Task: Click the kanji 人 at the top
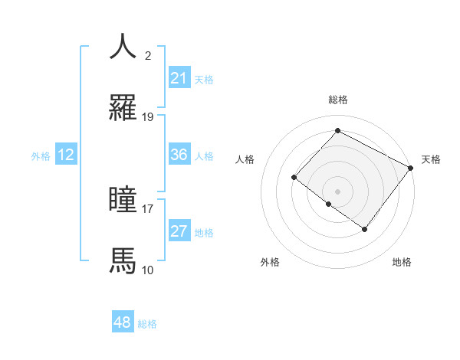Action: [123, 46]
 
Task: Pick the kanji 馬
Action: [123, 260]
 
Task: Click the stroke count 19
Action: [148, 117]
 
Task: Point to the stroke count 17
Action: [148, 208]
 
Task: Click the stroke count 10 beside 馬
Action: [148, 270]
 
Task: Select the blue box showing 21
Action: [179, 78]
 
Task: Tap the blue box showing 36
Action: [179, 155]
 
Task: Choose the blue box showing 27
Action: [179, 231]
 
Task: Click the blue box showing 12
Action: [66, 155]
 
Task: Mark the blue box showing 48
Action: [123, 322]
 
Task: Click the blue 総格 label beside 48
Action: [147, 324]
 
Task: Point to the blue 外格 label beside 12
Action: [41, 156]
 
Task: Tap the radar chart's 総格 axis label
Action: [337, 100]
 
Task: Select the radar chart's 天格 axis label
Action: [431, 159]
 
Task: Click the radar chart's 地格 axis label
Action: [402, 262]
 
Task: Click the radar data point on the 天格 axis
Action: [411, 168]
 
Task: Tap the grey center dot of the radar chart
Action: [337, 191]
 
